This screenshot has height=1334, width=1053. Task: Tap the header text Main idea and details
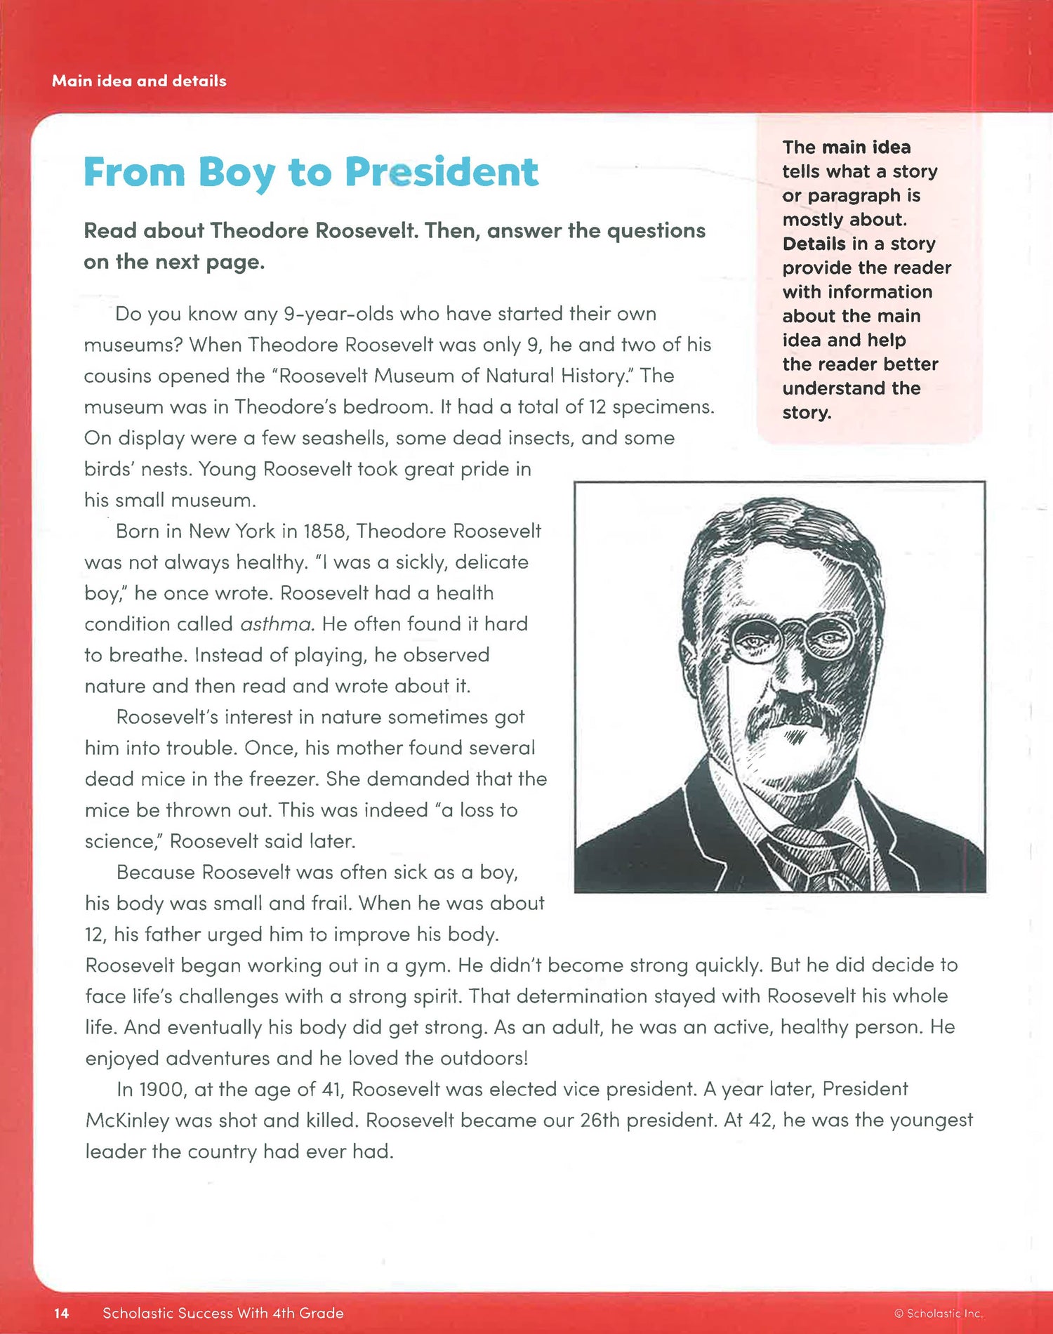pyautogui.click(x=139, y=81)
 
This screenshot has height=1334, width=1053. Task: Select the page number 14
pyautogui.click(x=61, y=1313)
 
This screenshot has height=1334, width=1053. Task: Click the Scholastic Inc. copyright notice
pyautogui.click(x=939, y=1313)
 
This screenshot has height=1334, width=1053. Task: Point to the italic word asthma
pyautogui.click(x=276, y=624)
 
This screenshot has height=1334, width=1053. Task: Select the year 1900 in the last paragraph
pyautogui.click(x=162, y=1089)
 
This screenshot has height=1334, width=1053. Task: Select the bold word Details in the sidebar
pyautogui.click(x=814, y=244)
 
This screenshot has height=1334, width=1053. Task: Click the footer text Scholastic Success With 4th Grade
pyautogui.click(x=223, y=1313)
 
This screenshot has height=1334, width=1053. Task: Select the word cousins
pyautogui.click(x=118, y=376)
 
